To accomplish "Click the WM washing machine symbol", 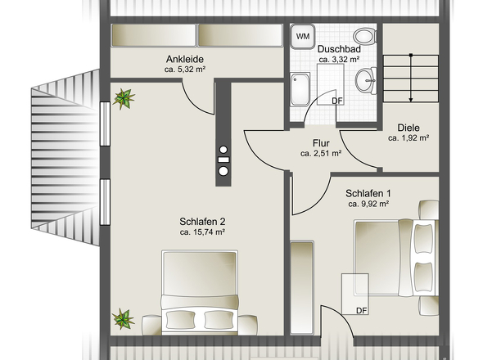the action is point(303,36).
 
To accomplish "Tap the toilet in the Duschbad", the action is point(365,36).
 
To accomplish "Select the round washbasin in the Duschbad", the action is point(366,81).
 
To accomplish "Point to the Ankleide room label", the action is point(185,59).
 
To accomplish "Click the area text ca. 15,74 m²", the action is point(202,232).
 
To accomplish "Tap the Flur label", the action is point(321,143).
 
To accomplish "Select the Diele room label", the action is point(409,128).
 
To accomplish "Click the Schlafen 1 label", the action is point(368,193).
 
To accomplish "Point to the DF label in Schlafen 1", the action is point(362,311).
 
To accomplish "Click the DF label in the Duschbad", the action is point(337,101).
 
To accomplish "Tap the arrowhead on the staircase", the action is point(411,100).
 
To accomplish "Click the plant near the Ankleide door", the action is point(124,99).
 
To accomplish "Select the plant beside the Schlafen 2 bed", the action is point(124,319).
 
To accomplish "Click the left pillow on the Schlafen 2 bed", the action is point(180,319).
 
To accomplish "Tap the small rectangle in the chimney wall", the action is point(223,160).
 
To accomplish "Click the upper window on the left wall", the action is point(105,124).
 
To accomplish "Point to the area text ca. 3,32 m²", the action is point(339,60).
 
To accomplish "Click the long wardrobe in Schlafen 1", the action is point(302,287).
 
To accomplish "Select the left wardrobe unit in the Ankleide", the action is point(153,35).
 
